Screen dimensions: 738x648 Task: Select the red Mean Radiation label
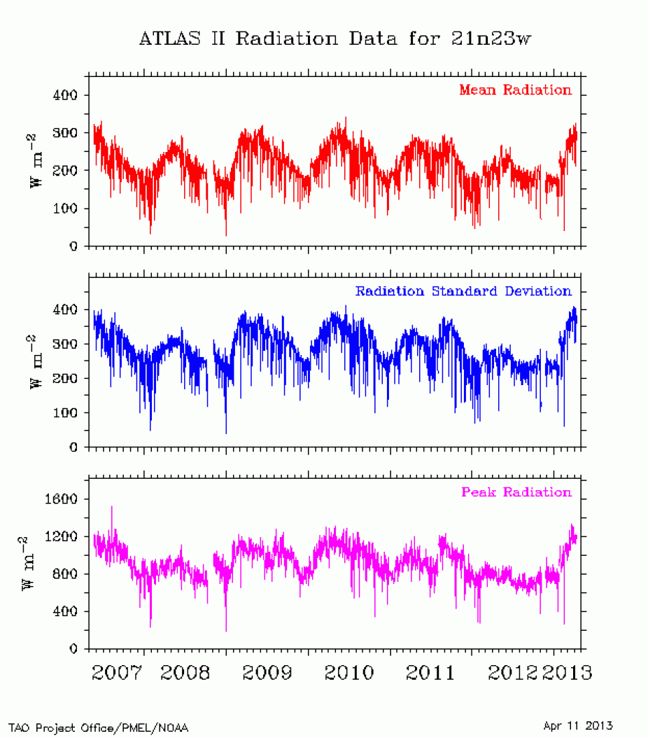[515, 90]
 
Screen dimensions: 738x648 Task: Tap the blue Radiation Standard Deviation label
[463, 291]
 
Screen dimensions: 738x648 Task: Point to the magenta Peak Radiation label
[516, 492]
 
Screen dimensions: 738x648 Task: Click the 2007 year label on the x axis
[118, 673]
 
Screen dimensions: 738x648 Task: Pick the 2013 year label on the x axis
[565, 673]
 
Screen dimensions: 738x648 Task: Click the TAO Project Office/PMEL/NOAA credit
[99, 728]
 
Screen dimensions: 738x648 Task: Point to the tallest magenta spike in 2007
[112, 507]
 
